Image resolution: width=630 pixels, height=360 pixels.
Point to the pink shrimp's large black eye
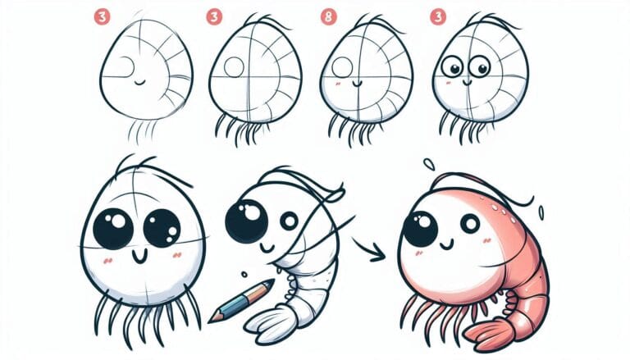420,228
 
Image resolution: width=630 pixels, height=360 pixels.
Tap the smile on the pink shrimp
445,244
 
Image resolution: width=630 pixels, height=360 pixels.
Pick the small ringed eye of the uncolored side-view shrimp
288,221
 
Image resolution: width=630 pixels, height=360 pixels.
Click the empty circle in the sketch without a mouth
234,67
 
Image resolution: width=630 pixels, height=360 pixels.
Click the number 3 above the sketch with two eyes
437,16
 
